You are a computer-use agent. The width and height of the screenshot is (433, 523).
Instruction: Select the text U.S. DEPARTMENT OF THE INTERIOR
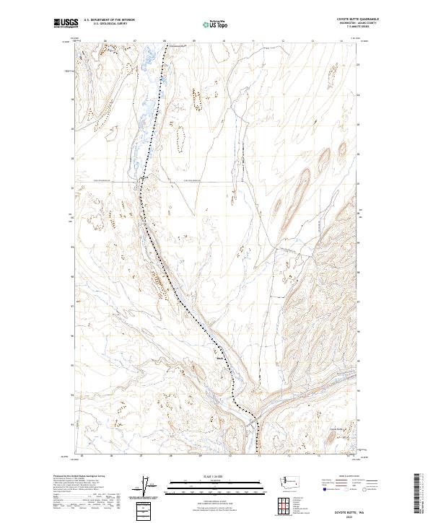pyautogui.click(x=109, y=19)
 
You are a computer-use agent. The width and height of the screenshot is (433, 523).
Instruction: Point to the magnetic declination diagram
pyautogui.click(x=148, y=487)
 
